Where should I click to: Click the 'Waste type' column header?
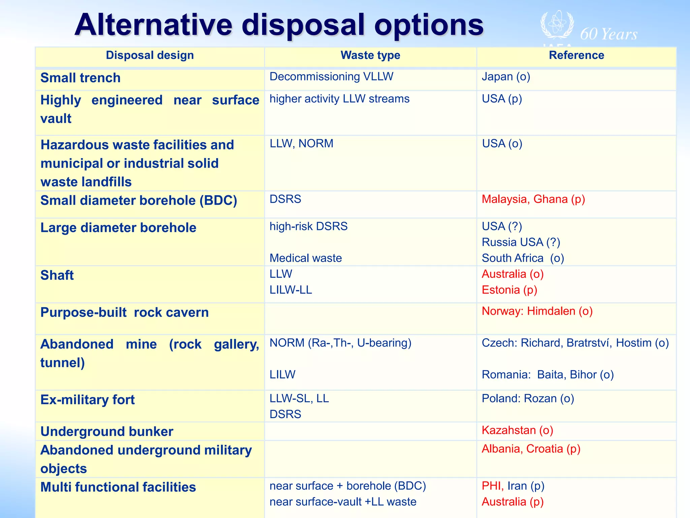370,55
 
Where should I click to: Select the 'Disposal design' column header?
150,55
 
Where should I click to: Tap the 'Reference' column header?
576,55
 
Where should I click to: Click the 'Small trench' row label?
80,78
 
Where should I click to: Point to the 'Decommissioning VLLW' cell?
331,77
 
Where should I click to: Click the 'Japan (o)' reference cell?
506,77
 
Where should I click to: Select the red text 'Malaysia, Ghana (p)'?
533,199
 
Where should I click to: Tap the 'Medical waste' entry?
306,258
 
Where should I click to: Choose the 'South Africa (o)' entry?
523,258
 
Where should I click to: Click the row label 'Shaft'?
57,275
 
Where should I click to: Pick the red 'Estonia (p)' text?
509,290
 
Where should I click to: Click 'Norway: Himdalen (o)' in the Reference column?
537,311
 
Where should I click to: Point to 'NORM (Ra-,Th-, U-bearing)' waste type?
340,343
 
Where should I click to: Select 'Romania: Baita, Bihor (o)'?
547,374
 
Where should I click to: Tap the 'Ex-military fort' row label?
87,400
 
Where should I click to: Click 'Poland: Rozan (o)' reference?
528,398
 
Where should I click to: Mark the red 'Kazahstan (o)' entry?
517,430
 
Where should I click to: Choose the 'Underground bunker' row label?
106,431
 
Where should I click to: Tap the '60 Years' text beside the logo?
608,34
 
